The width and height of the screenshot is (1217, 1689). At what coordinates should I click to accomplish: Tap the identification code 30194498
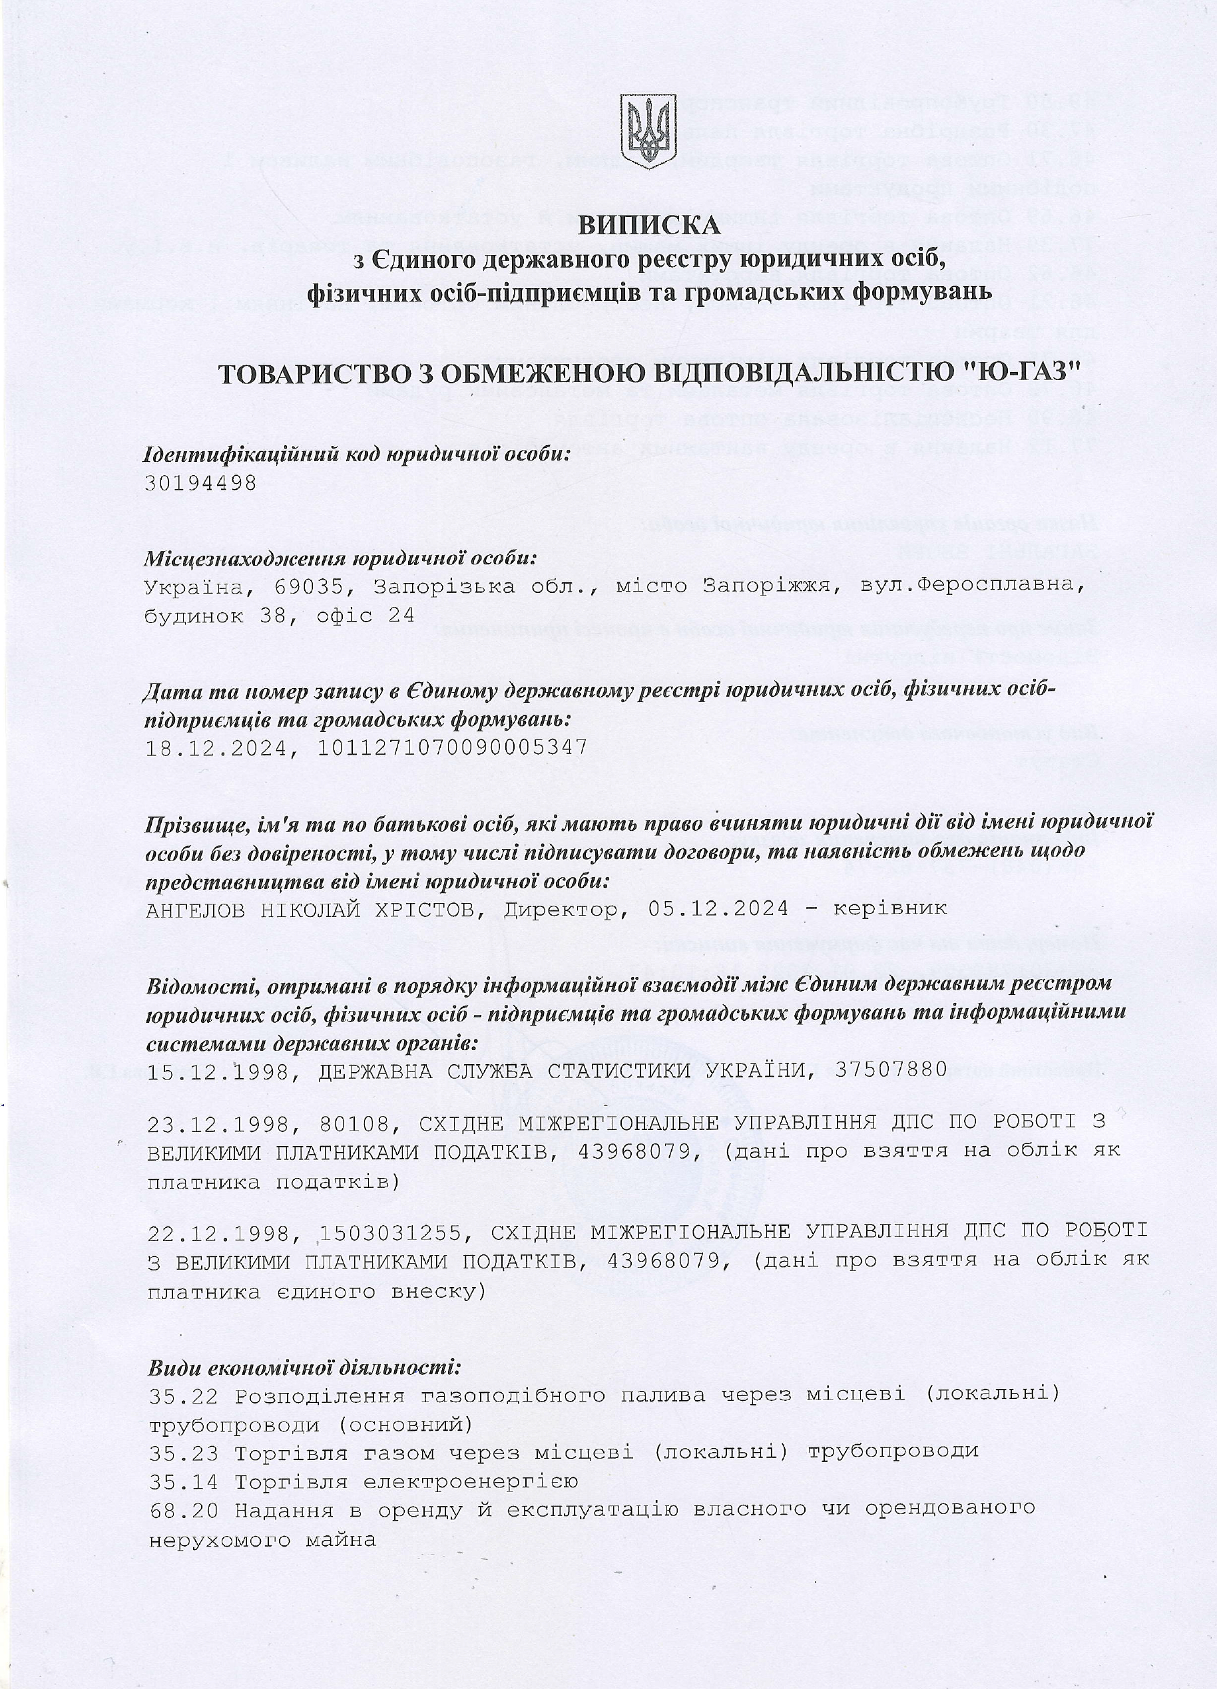tap(201, 483)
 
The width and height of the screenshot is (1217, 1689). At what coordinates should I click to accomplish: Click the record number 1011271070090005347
tap(453, 747)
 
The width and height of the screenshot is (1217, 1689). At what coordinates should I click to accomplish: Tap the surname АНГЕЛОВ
tap(196, 909)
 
